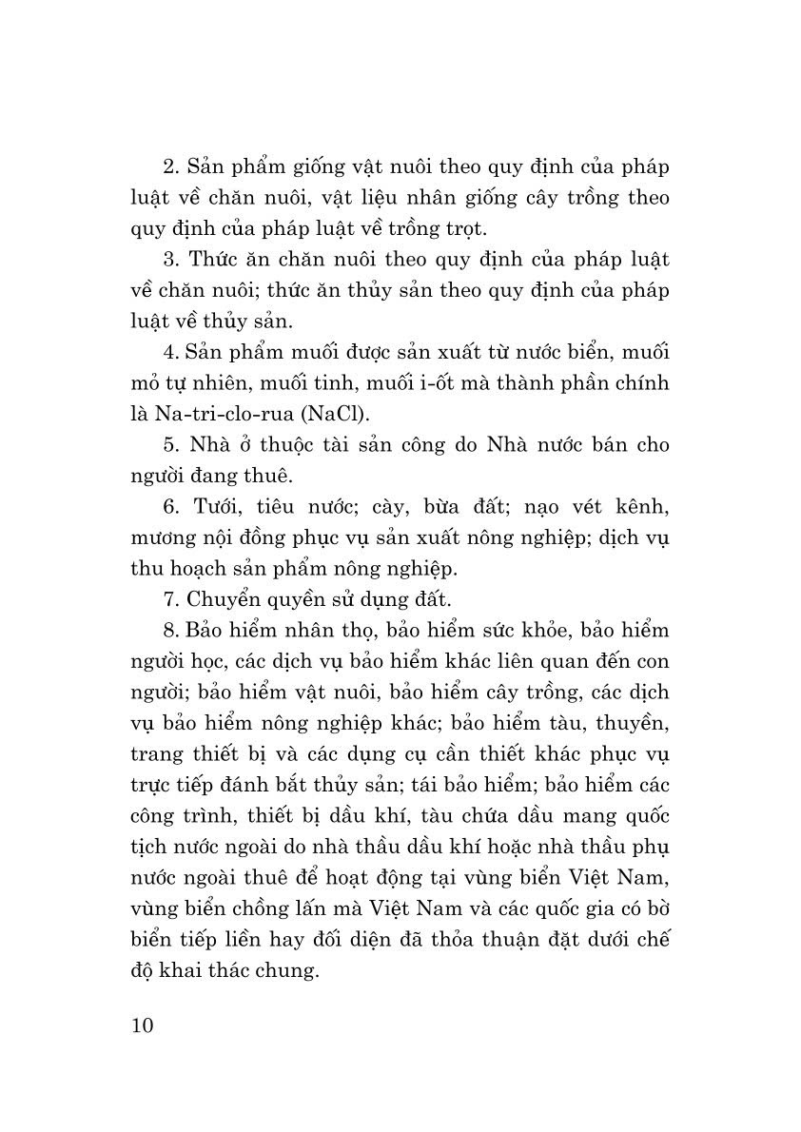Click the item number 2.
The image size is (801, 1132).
pos(171,167)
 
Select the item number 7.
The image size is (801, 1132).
pos(171,599)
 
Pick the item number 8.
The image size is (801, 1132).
pos(171,630)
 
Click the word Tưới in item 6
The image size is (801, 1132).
pos(213,506)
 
